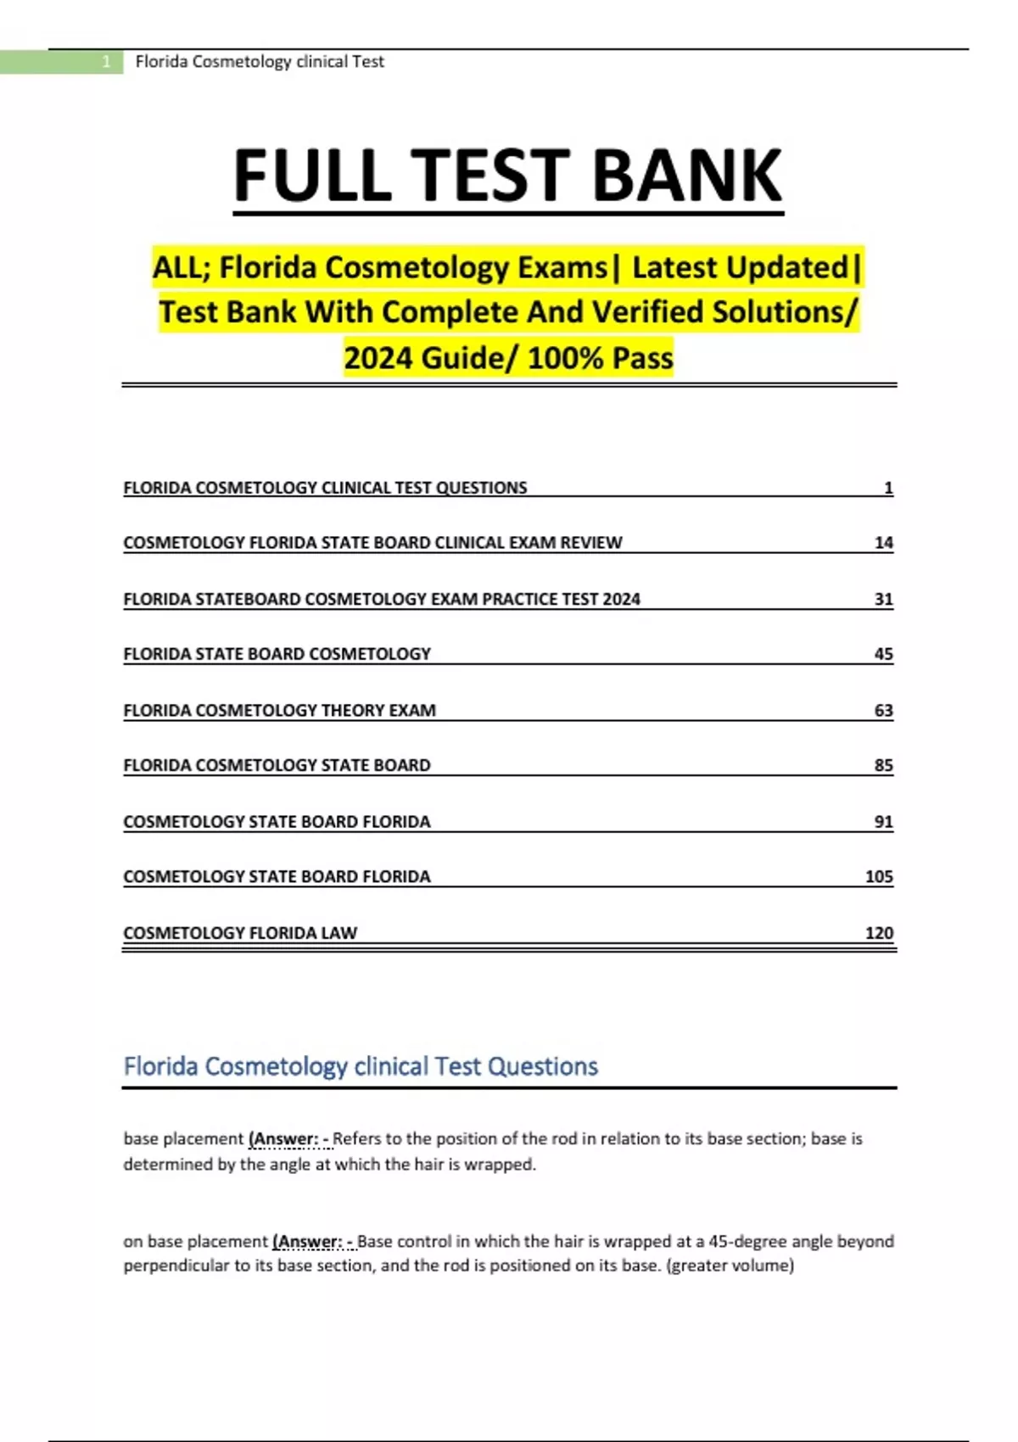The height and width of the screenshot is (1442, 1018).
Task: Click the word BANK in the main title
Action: click(x=686, y=176)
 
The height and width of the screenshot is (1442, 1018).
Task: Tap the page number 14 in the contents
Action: click(x=883, y=543)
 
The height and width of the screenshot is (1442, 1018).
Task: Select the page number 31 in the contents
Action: click(x=883, y=599)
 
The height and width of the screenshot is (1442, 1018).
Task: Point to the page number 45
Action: click(x=883, y=654)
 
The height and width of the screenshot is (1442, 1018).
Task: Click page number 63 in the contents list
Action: click(x=883, y=710)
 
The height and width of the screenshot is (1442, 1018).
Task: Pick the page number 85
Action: click(x=883, y=765)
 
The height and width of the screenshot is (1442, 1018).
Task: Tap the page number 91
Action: click(x=883, y=821)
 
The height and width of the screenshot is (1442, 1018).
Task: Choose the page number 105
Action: click(x=879, y=876)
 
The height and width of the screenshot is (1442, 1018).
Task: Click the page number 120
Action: click(x=879, y=932)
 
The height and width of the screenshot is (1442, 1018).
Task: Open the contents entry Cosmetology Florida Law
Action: click(x=240, y=932)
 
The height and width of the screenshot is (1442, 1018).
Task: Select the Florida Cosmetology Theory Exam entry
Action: click(x=279, y=710)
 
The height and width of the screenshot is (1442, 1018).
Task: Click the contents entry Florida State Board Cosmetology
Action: click(x=277, y=654)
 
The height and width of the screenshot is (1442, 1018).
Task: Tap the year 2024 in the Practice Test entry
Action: click(x=621, y=599)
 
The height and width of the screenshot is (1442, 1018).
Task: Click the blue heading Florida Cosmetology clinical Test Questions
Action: click(x=361, y=1066)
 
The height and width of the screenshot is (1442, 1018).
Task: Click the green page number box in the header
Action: click(x=61, y=62)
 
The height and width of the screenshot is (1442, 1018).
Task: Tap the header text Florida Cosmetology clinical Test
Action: click(x=260, y=62)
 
